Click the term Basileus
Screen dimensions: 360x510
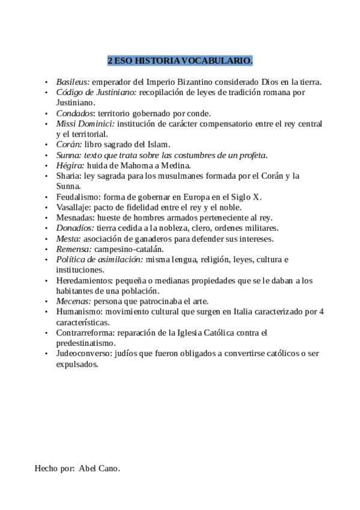[x=73, y=81]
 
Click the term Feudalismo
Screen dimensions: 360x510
[x=78, y=197]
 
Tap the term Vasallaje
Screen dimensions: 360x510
[x=73, y=207]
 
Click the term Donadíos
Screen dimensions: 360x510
[x=75, y=228]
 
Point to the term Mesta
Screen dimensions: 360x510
[x=68, y=238]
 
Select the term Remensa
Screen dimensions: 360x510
[x=73, y=248]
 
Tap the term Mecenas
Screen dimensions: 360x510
[x=73, y=301]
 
